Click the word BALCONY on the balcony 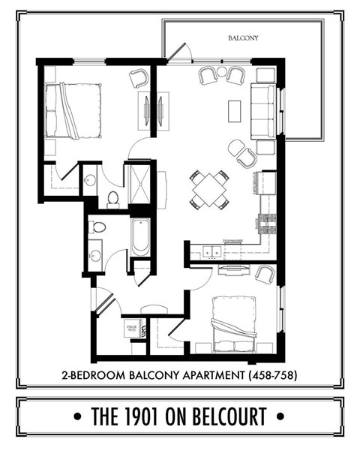243,37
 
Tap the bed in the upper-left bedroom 73,110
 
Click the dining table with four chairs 209,189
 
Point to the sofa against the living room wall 262,110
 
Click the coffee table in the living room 234,110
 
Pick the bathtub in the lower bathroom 140,237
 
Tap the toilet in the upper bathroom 112,199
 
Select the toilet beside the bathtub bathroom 97,227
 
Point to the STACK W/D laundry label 130,328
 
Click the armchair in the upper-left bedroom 139,77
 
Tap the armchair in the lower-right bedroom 264,274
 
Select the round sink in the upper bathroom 90,180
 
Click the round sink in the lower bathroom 95,255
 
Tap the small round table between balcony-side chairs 222,72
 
